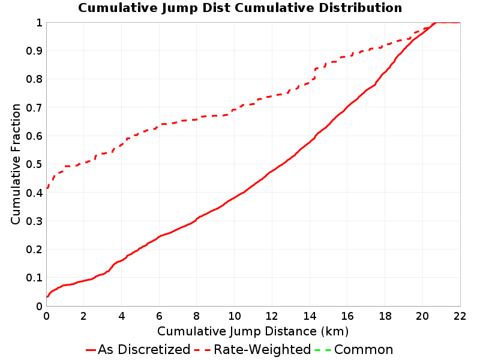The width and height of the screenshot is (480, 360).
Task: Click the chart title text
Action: [240, 8]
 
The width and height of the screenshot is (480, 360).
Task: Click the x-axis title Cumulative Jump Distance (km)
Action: [253, 331]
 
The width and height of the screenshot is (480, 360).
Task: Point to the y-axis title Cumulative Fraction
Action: [16, 164]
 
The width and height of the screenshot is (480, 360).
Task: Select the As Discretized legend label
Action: [144, 349]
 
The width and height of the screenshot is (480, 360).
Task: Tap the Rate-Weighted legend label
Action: [262, 349]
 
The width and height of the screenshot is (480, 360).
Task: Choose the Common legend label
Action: [364, 349]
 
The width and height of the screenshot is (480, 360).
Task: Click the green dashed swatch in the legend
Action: [323, 350]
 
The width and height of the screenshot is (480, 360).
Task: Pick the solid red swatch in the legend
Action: [91, 350]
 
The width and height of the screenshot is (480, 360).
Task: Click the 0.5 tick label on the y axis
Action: [34, 164]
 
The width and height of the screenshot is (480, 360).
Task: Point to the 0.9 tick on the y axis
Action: [34, 51]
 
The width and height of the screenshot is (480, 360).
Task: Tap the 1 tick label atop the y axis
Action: [39, 23]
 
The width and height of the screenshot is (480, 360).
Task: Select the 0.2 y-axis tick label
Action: [34, 250]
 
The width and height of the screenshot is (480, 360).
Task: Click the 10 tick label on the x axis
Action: [234, 316]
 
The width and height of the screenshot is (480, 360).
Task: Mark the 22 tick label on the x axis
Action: [460, 316]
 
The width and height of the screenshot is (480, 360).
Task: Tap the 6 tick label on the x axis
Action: [159, 316]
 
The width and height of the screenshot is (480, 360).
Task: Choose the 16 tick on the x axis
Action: [347, 316]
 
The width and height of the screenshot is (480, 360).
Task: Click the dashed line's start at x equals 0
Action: [47, 188]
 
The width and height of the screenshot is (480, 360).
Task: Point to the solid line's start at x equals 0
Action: [47, 296]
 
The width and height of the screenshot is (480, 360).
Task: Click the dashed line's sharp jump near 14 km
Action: [314, 74]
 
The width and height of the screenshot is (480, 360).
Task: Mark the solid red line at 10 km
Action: [234, 198]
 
